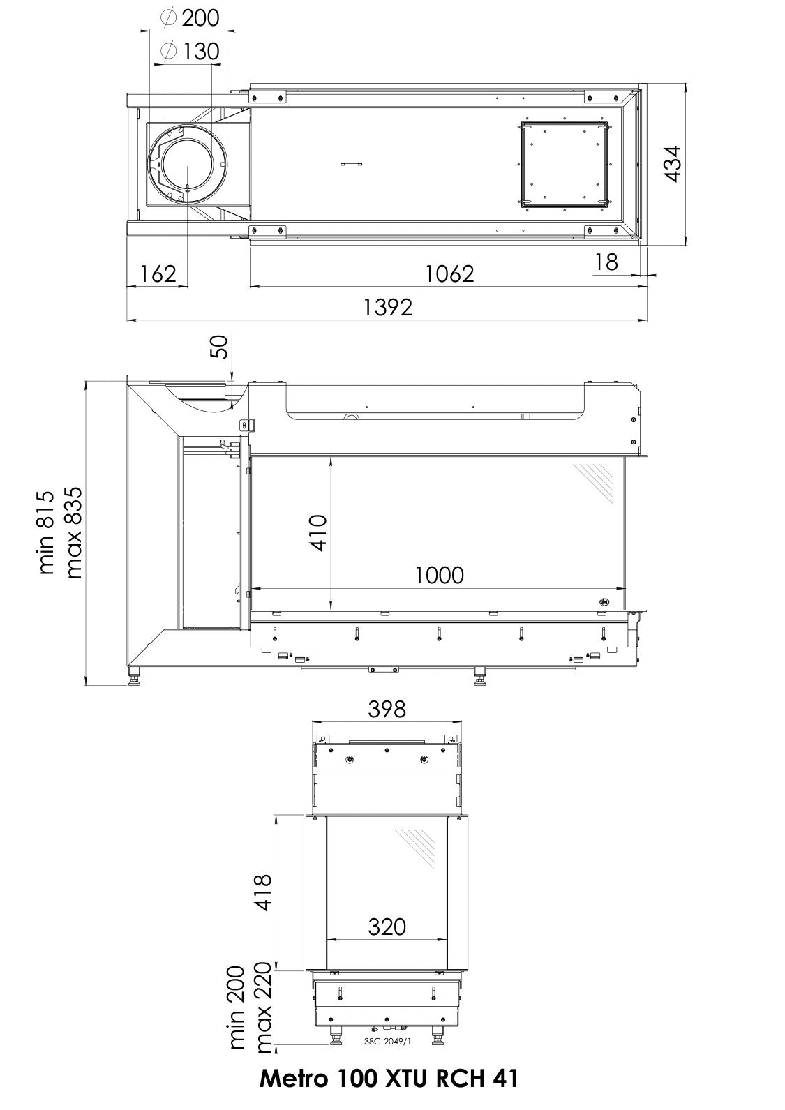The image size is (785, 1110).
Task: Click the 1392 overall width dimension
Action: click(387, 307)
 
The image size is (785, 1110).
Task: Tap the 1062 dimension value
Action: click(450, 273)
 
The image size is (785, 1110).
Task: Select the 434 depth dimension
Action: click(673, 164)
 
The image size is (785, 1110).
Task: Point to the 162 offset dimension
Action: click(158, 273)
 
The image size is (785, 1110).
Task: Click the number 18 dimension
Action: click(606, 262)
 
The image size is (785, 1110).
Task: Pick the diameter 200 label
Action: click(190, 18)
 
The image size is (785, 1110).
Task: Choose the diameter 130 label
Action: click(190, 51)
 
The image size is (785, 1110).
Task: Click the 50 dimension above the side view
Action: click(218, 347)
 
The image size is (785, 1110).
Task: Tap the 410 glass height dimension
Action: click(318, 533)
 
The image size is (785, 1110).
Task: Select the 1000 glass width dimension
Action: click(439, 576)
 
